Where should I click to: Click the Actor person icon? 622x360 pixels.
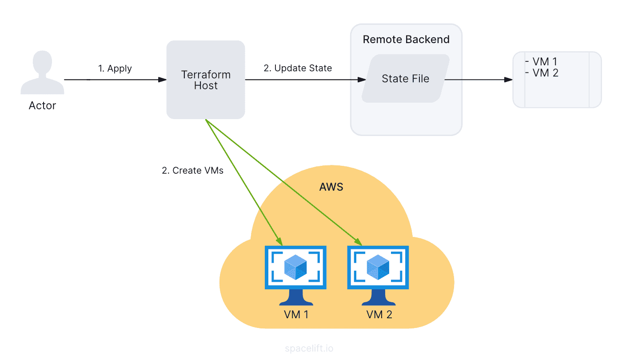[42, 73]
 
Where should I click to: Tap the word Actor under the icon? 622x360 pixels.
[42, 106]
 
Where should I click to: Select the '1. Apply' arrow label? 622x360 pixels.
[115, 68]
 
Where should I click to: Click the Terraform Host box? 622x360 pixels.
[206, 80]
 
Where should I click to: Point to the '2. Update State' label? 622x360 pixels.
[298, 68]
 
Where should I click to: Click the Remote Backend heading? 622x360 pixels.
[406, 40]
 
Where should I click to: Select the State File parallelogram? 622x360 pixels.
[405, 79]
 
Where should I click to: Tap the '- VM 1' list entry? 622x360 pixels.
[541, 62]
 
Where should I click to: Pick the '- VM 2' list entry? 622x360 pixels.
[542, 73]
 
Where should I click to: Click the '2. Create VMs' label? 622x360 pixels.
[192, 170]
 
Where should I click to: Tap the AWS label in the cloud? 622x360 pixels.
[331, 187]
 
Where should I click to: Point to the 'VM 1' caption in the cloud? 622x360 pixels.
[296, 315]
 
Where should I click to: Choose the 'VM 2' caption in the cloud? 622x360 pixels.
[379, 315]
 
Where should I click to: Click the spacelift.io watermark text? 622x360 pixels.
[308, 348]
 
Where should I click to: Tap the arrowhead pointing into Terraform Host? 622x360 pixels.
[163, 80]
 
